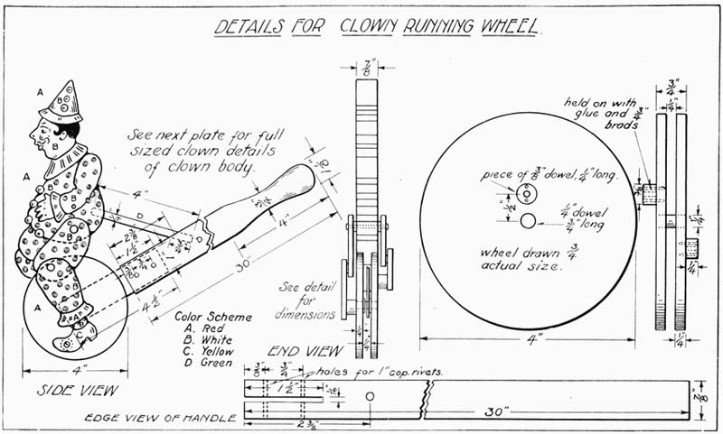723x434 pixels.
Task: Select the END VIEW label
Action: pos(304,350)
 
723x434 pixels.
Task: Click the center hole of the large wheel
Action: pos(528,217)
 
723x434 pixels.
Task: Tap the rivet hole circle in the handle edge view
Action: pos(370,395)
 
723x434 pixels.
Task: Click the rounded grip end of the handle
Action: pos(294,182)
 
